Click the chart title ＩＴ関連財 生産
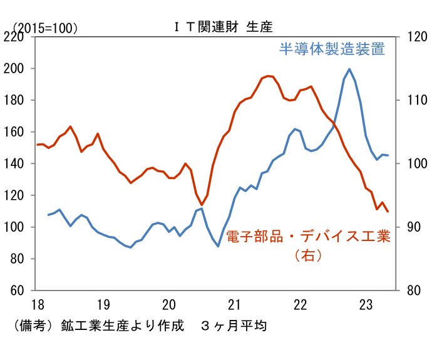point(224,27)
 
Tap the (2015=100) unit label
point(45,28)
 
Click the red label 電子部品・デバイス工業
point(307,237)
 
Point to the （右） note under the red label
point(307,255)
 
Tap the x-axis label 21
point(234,305)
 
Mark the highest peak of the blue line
point(349,69)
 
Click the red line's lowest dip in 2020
point(202,204)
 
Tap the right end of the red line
point(388,212)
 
